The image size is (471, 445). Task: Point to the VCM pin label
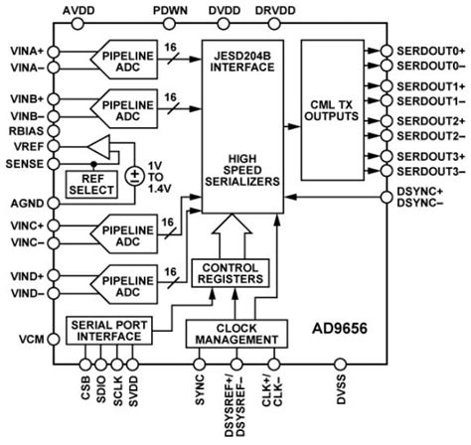[32, 339]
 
